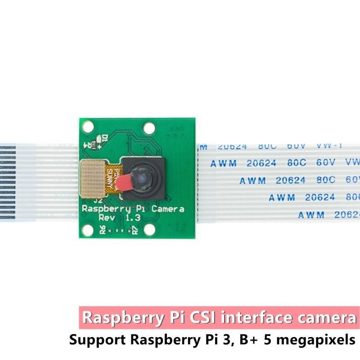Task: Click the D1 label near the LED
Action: (x=104, y=138)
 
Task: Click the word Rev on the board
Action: (x=108, y=218)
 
